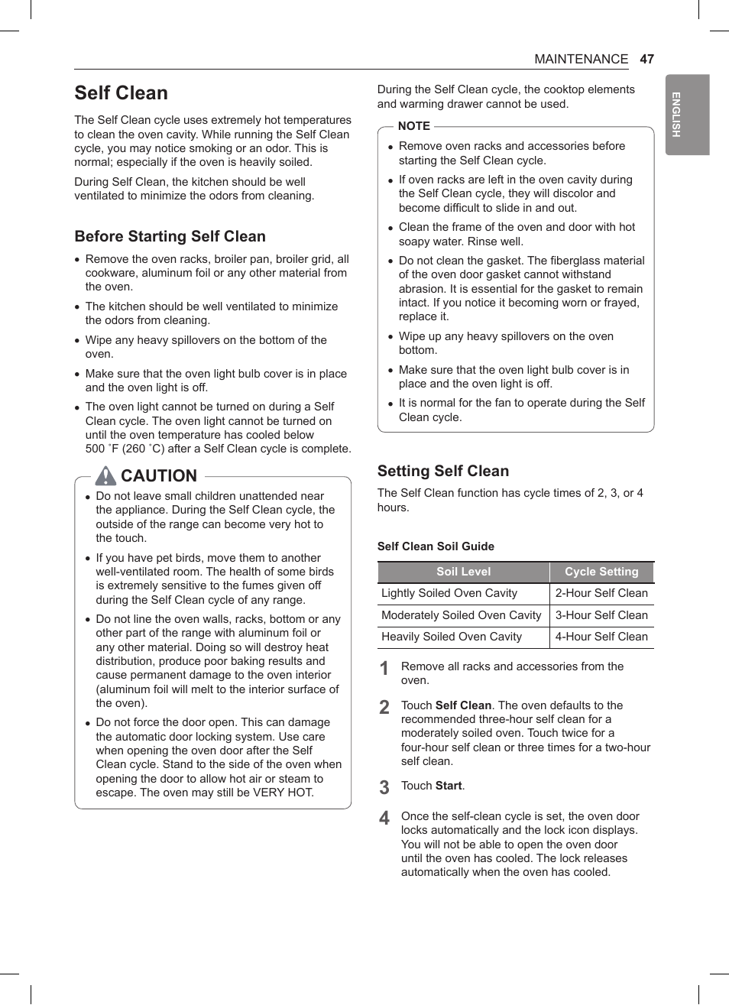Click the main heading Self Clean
[x=121, y=93]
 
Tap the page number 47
[x=646, y=59]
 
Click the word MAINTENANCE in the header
[x=581, y=59]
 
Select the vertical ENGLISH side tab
[x=687, y=115]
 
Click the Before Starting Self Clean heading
[x=170, y=236]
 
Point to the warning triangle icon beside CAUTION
[x=105, y=476]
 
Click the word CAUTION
[x=159, y=476]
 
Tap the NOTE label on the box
[x=413, y=126]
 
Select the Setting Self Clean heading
[x=442, y=471]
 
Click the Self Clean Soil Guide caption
[x=436, y=546]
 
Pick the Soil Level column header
[x=463, y=572]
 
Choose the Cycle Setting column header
[x=601, y=572]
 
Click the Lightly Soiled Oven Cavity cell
[x=449, y=593]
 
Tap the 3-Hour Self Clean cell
[x=601, y=615]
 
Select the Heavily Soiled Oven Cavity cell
[x=452, y=637]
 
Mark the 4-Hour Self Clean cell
[x=601, y=637]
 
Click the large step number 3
[x=384, y=787]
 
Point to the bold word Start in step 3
[x=449, y=786]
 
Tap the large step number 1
[x=384, y=668]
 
